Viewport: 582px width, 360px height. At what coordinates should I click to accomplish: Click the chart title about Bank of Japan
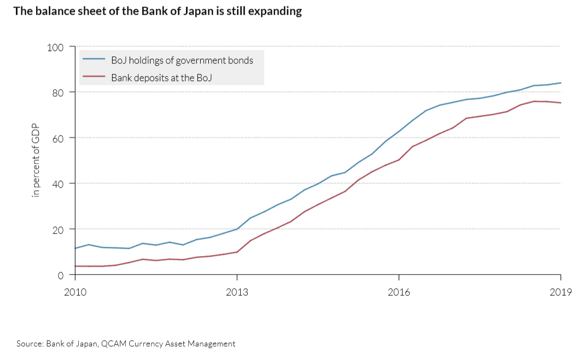(x=158, y=11)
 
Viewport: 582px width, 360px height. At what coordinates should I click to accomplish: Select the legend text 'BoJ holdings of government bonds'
(x=182, y=60)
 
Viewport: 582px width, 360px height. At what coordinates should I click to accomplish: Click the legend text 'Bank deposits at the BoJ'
(x=161, y=78)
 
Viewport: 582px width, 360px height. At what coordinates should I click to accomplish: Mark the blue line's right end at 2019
(x=561, y=83)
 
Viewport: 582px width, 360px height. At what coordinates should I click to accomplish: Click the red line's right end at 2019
(x=561, y=103)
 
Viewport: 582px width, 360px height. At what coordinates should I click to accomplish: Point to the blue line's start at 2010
(x=75, y=248)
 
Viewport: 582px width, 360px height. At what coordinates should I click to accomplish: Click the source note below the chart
(x=126, y=344)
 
